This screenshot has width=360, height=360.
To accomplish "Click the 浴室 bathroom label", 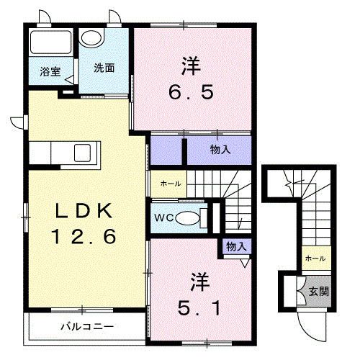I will [x=50, y=71].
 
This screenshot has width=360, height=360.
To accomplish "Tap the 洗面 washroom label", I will [x=104, y=68].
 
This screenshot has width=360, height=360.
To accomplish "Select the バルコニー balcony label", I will [x=86, y=326].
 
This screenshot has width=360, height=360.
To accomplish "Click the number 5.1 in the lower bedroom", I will [x=201, y=309].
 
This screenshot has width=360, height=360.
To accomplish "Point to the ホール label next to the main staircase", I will [x=171, y=184].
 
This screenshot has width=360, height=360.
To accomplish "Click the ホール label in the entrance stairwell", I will [x=315, y=258].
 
